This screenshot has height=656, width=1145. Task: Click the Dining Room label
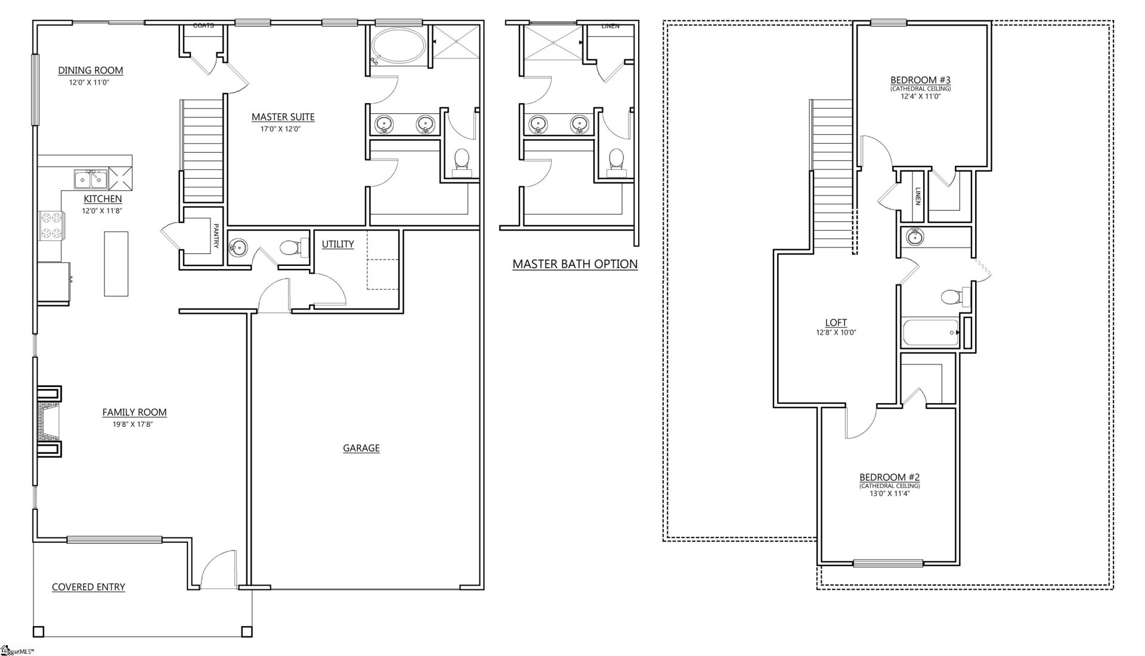pyautogui.click(x=91, y=70)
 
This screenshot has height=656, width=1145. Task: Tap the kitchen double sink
pyautogui.click(x=91, y=178)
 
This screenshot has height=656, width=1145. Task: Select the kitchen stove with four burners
pyautogui.click(x=51, y=225)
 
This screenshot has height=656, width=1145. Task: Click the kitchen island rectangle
pyautogui.click(x=116, y=264)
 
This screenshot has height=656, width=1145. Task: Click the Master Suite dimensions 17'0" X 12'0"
pyautogui.click(x=283, y=129)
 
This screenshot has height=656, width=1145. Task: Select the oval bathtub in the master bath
pyautogui.click(x=399, y=46)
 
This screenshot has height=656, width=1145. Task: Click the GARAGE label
pyautogui.click(x=361, y=448)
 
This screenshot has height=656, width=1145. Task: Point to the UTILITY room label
pyautogui.click(x=338, y=244)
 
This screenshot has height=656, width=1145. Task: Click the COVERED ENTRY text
pyautogui.click(x=88, y=587)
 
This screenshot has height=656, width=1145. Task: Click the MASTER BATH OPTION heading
pyautogui.click(x=575, y=264)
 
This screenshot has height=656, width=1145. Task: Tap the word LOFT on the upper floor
pyautogui.click(x=835, y=323)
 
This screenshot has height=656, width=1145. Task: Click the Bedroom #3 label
pyautogui.click(x=920, y=80)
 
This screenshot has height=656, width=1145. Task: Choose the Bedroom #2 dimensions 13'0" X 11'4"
pyautogui.click(x=889, y=494)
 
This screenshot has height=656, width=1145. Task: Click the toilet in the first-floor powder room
pyautogui.click(x=291, y=247)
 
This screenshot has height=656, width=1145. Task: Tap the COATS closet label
pyautogui.click(x=203, y=26)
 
